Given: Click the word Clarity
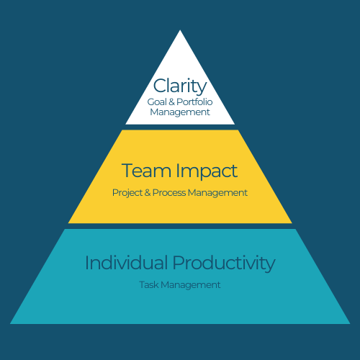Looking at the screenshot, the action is [180, 86].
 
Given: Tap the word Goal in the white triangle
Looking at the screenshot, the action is [157, 102].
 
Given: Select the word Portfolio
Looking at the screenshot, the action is [194, 102].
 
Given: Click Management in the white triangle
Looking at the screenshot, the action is [180, 112].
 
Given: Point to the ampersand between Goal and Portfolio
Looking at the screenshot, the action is [171, 102].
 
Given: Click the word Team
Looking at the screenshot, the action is [146, 171].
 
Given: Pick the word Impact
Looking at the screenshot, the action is [207, 171].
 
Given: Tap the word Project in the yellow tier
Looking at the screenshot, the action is [127, 193].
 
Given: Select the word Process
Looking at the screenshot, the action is [169, 193].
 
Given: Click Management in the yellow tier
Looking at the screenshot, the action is [217, 193].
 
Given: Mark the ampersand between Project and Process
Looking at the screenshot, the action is [148, 193].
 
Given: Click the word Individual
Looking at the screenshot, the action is [127, 263].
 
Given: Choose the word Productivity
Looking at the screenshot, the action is [224, 264].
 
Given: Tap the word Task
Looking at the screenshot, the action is [149, 285].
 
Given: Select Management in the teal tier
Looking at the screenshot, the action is [191, 285].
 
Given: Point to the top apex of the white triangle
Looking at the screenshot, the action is [180, 30].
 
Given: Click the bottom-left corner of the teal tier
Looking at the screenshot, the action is [10, 324].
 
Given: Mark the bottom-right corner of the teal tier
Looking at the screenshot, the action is [350, 324].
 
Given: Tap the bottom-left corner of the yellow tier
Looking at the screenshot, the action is [68, 223].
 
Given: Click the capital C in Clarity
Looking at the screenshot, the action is [161, 86].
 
